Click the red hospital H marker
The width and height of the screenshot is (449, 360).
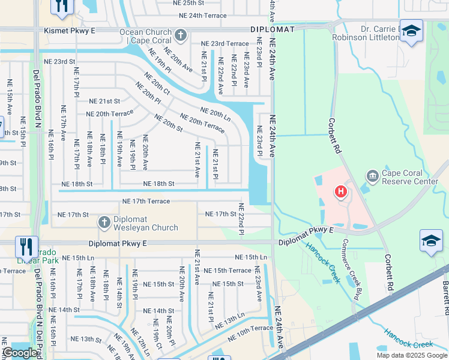(341, 192)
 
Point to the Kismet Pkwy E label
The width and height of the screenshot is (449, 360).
(70, 29)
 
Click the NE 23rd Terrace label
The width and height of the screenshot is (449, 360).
(224, 44)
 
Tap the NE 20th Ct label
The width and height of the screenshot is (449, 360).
(158, 88)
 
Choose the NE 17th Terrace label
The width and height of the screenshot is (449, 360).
(146, 202)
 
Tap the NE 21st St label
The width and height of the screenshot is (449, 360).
(104, 101)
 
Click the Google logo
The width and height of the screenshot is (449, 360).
(20, 353)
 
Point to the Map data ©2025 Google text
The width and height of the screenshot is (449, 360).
(412, 355)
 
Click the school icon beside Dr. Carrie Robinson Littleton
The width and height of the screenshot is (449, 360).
(411, 31)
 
